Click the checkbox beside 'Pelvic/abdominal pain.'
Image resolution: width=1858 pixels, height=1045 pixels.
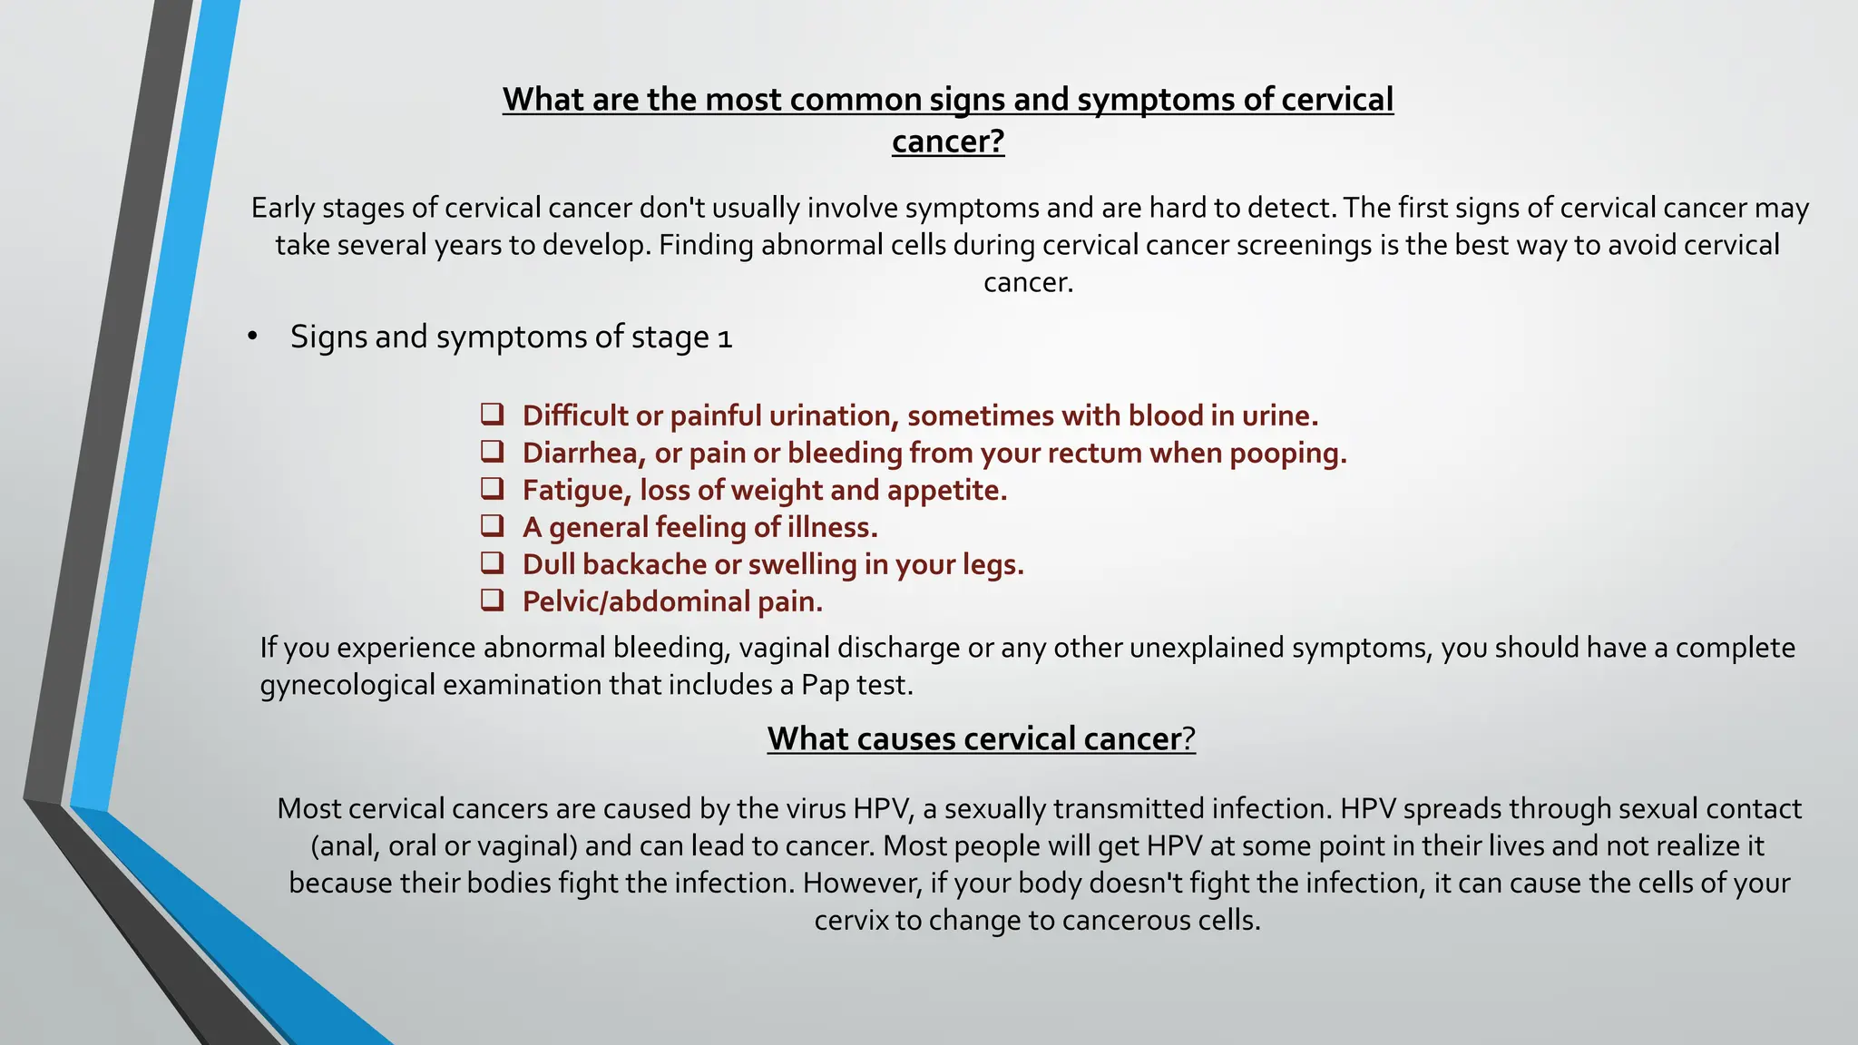[492, 601]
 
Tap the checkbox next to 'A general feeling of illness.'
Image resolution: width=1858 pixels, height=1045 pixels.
[492, 526]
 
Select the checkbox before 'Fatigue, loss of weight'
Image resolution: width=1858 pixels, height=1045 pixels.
[492, 489]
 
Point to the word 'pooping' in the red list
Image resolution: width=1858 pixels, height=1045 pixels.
[1286, 453]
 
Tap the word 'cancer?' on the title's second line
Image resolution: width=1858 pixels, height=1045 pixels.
[948, 142]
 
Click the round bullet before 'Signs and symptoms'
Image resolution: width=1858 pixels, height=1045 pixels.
[252, 337]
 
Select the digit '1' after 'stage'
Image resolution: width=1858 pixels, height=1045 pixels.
[724, 338]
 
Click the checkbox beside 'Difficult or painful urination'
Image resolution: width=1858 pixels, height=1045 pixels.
[492, 415]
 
